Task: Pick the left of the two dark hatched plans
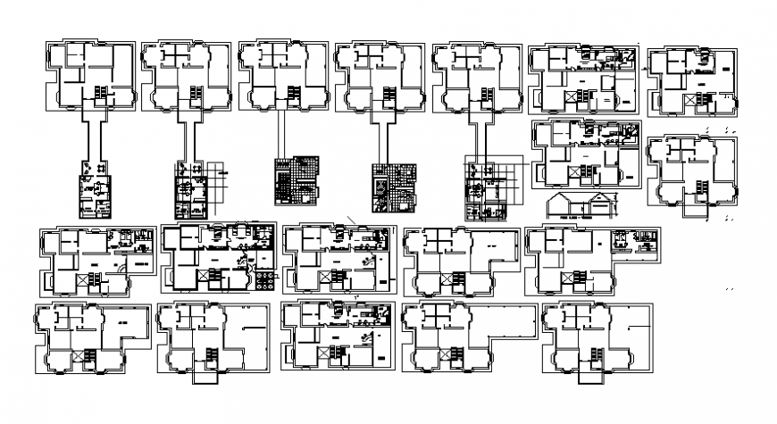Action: click(x=296, y=183)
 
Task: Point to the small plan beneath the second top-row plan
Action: click(x=191, y=189)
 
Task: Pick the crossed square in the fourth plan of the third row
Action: click(x=451, y=279)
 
